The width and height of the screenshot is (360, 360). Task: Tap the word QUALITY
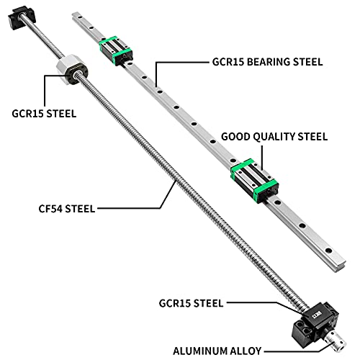(276, 136)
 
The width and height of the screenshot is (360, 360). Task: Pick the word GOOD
(237, 136)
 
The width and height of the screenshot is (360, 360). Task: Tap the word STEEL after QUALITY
(312, 136)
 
